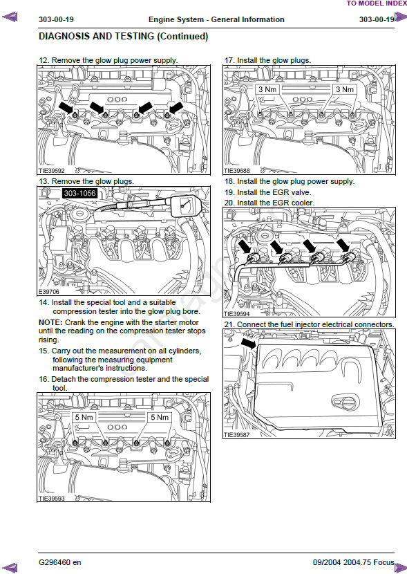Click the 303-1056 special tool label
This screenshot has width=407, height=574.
(x=79, y=193)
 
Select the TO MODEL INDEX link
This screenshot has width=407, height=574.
(x=377, y=3)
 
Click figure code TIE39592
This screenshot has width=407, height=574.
(x=52, y=171)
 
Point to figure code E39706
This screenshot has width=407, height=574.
(x=49, y=292)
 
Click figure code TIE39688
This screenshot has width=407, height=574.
(x=237, y=171)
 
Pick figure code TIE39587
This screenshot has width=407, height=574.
(x=237, y=435)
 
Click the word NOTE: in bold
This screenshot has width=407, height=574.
(x=50, y=322)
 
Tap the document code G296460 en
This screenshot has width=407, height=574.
(x=60, y=562)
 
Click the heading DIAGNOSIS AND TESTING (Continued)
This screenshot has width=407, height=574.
(x=123, y=36)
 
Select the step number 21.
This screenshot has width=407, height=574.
(x=229, y=325)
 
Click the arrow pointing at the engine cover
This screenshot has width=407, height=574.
(x=249, y=344)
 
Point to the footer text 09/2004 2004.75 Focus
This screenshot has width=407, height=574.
(x=354, y=562)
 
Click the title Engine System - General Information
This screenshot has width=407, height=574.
(x=216, y=20)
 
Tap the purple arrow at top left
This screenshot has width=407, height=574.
(x=10, y=17)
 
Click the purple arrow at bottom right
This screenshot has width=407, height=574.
(x=400, y=567)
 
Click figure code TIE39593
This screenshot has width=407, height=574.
(x=52, y=499)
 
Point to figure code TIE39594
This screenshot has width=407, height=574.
(x=237, y=314)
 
